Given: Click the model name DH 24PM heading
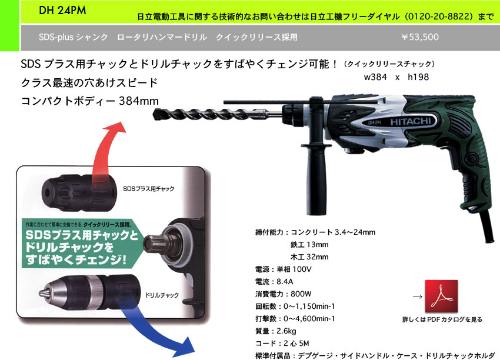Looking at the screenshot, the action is click(62, 10).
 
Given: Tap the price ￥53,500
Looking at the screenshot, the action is click(420, 37).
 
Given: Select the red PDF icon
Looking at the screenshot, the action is click(441, 296).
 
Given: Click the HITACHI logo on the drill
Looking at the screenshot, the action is click(411, 122).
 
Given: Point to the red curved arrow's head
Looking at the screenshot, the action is click(115, 128).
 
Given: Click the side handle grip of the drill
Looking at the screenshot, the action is click(316, 182).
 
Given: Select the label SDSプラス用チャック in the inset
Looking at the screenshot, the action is click(149, 189).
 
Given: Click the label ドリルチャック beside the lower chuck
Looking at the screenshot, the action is click(162, 295).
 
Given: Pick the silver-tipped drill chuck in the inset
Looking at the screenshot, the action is click(90, 292).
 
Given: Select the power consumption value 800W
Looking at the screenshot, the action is click(301, 294).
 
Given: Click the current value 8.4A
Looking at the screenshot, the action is click(285, 282).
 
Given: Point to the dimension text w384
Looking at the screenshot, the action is click(375, 77).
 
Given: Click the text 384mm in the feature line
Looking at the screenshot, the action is click(139, 101).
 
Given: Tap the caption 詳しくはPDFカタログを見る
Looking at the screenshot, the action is click(442, 319).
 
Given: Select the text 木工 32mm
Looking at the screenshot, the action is click(309, 257).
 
